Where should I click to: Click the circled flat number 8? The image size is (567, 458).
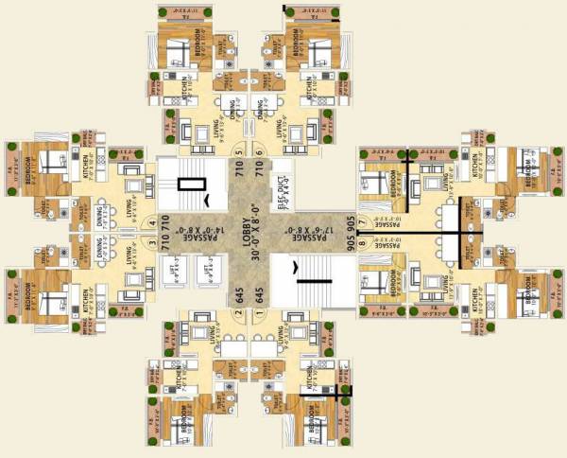pyautogui.click(x=361, y=242)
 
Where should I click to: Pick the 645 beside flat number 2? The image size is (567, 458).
pyautogui.click(x=238, y=295)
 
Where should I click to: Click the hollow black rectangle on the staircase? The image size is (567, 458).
pyautogui.click(x=190, y=184)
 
